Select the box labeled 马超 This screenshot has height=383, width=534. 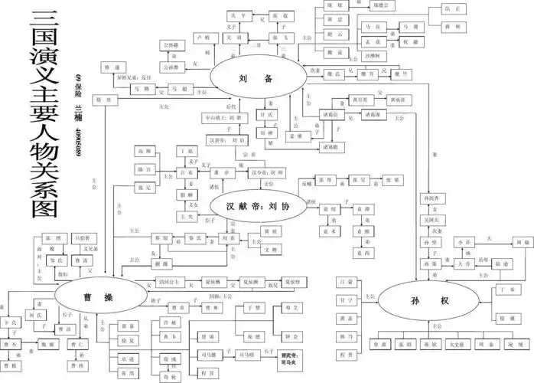coord(180,90)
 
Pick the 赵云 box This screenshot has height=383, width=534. coord(334,34)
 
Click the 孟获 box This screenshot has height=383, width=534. coord(373,42)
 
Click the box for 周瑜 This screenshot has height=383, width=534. coord(520,241)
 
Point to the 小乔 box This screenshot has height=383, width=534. coord(464,241)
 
